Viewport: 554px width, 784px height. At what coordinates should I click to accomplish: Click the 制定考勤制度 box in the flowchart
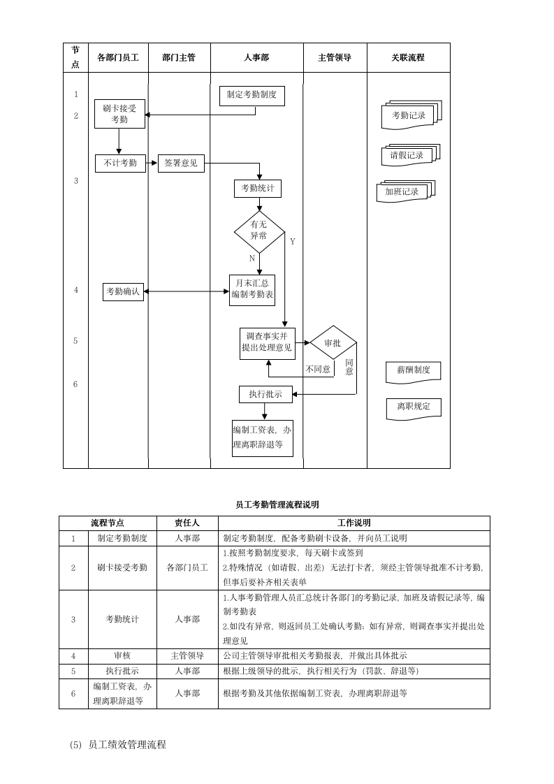[252, 96]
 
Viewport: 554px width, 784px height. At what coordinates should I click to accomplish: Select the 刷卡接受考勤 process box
[119, 114]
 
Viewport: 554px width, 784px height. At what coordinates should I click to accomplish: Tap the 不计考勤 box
[120, 164]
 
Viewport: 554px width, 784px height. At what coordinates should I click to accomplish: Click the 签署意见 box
[181, 164]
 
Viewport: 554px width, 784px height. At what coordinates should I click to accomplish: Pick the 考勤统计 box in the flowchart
[258, 188]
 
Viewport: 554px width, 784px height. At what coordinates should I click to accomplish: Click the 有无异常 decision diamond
[259, 231]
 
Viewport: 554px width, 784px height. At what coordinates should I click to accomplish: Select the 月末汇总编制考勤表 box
[252, 289]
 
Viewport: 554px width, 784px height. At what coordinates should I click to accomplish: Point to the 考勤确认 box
[123, 291]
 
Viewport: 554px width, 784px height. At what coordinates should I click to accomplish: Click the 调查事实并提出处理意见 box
[267, 343]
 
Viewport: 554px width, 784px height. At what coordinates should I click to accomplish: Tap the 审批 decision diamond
[333, 342]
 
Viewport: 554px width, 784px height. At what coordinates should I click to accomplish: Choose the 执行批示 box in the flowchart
[265, 394]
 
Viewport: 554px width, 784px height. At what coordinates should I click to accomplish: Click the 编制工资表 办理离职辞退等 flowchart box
[262, 438]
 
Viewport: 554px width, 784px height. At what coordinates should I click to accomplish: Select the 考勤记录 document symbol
[409, 116]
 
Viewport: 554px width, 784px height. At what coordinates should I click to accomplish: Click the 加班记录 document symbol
[403, 192]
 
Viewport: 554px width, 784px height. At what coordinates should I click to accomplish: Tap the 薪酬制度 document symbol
[413, 371]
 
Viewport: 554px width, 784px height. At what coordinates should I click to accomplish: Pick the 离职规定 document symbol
[414, 407]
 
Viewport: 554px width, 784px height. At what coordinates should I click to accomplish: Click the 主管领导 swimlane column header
[335, 58]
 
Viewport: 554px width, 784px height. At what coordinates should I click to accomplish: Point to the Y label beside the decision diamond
[293, 242]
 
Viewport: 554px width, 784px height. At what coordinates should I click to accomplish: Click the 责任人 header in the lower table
[187, 523]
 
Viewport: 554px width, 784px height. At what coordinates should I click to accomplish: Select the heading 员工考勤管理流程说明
[277, 504]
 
